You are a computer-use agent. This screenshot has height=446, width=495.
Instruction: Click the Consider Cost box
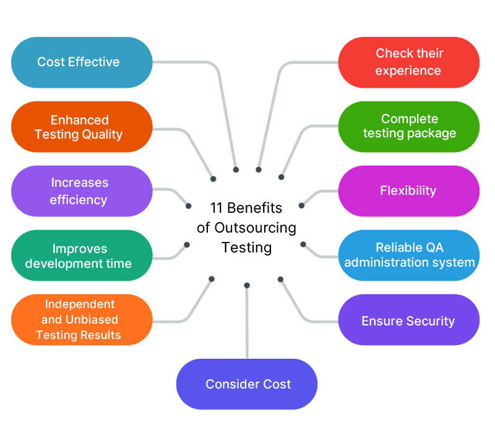click(247, 384)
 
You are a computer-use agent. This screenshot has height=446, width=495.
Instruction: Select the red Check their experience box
click(408, 62)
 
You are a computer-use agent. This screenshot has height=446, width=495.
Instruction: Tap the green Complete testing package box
click(408, 126)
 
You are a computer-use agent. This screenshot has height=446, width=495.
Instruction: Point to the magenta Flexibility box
click(408, 191)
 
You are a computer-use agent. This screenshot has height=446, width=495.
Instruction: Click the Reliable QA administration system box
click(408, 255)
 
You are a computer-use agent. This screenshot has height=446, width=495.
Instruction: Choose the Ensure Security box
click(408, 320)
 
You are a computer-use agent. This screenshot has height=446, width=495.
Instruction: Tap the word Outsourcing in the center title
click(255, 227)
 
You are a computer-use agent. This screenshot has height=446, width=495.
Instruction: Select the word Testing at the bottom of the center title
click(246, 247)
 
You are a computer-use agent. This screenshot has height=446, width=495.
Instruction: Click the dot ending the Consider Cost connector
click(247, 285)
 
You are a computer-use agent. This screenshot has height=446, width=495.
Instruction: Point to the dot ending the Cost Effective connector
click(236, 169)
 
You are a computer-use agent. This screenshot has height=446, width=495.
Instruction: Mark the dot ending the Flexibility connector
click(301, 205)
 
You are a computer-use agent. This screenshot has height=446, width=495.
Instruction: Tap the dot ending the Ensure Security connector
click(280, 279)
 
